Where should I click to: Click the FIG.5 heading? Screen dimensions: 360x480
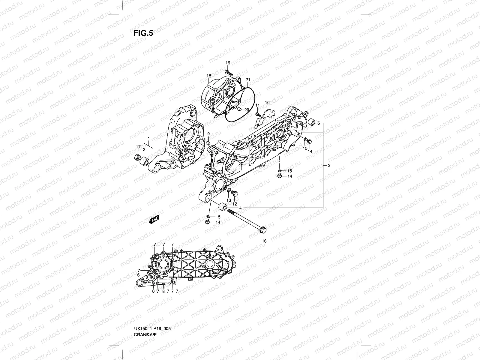[x=143, y=33]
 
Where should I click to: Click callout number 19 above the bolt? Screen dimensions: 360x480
[x=228, y=63]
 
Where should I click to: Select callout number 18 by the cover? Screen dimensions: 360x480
[x=209, y=76]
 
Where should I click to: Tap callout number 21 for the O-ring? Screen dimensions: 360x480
[x=247, y=79]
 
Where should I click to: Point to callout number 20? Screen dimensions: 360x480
[x=246, y=109]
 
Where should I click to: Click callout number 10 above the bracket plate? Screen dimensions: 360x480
[x=267, y=103]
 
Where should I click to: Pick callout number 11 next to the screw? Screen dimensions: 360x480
[x=257, y=105]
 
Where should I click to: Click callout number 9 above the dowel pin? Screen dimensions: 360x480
[x=208, y=134]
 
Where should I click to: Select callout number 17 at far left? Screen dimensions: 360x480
[x=138, y=146]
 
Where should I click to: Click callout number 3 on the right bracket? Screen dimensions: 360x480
[x=329, y=166]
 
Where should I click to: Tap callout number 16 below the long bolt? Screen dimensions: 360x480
[x=264, y=241]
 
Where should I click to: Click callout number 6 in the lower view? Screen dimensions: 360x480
[x=138, y=275]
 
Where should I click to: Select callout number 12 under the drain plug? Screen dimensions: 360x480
[x=235, y=204]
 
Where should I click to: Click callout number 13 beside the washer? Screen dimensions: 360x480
[x=229, y=200]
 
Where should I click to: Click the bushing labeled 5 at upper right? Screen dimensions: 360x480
[x=312, y=123]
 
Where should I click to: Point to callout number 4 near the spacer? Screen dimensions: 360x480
[x=241, y=208]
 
